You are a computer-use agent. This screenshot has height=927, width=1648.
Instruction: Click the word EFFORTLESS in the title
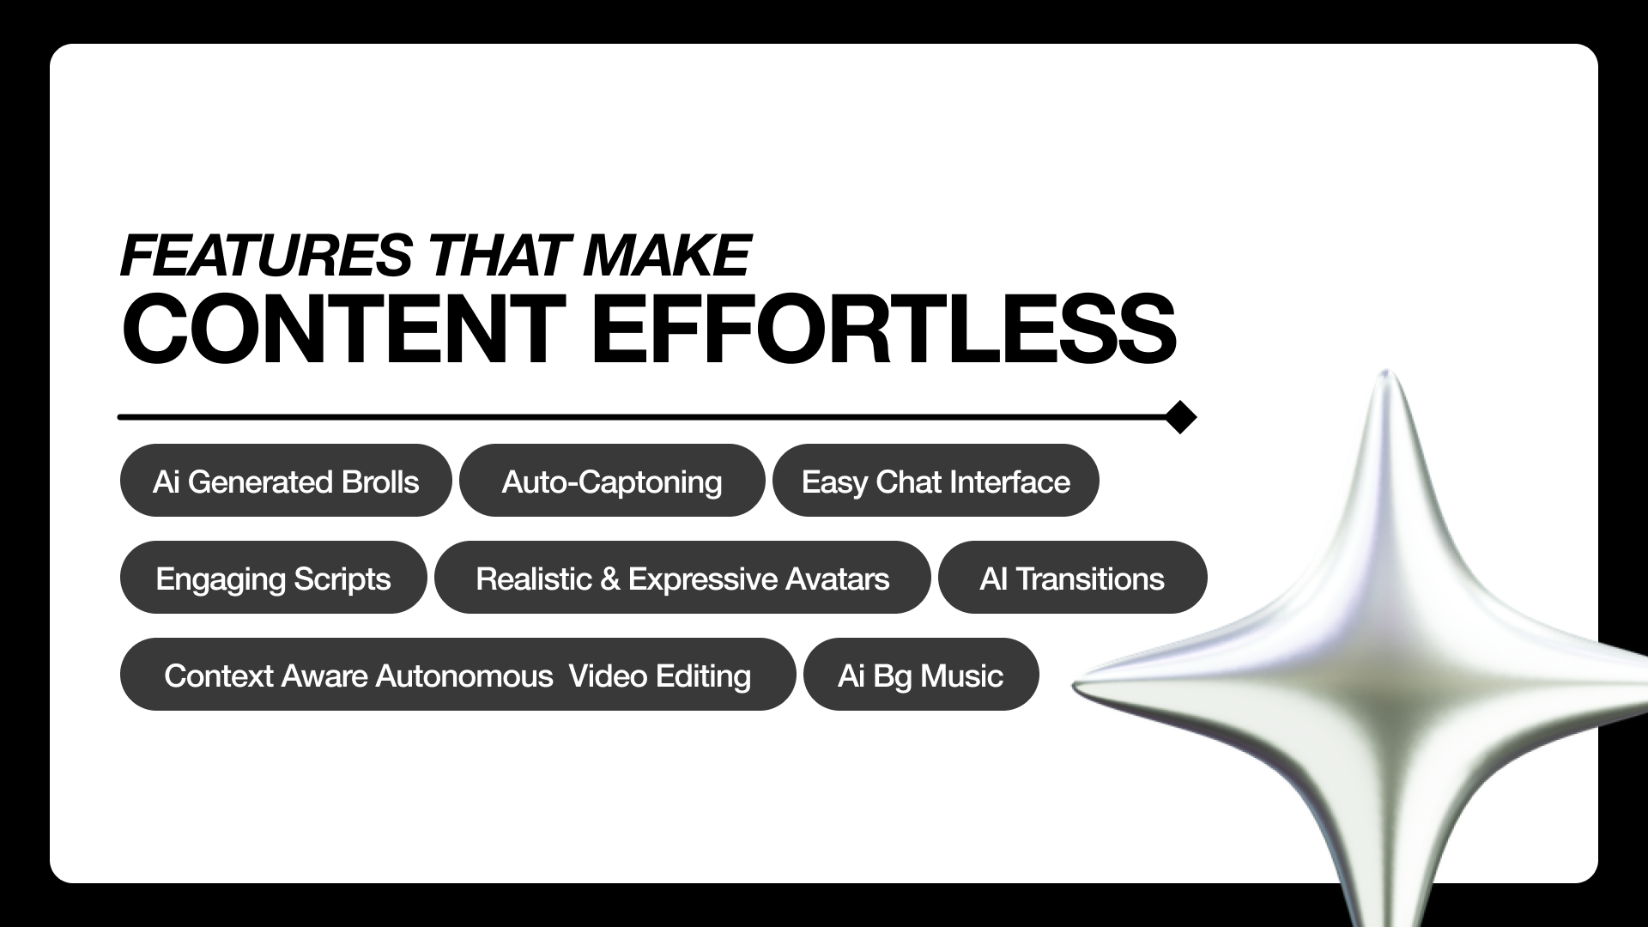(883, 330)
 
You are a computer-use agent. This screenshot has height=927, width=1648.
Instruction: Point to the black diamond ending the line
(1181, 417)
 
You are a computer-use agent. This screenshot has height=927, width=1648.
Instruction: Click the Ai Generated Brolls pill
(286, 481)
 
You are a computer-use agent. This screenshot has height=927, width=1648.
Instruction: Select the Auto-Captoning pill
(612, 481)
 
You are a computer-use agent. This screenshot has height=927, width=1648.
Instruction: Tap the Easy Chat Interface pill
(936, 481)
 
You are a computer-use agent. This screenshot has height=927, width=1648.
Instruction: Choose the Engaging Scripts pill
(273, 578)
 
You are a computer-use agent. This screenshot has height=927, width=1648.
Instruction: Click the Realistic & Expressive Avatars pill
(682, 578)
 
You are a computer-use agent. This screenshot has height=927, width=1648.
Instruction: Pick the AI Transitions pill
(1072, 578)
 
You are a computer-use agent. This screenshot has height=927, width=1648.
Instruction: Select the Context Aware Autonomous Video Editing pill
(457, 675)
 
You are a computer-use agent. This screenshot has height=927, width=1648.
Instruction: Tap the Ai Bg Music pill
(921, 675)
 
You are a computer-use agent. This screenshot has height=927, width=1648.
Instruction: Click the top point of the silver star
(1385, 372)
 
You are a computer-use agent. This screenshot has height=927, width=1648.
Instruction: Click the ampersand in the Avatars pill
(609, 579)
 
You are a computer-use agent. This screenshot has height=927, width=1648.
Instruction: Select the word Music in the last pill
(961, 676)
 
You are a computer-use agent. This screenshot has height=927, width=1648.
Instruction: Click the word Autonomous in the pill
(464, 676)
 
